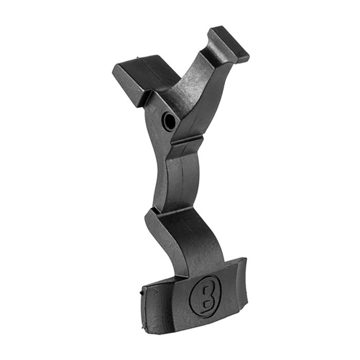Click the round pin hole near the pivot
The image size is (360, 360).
click(169, 120)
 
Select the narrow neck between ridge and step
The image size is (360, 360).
click(181, 173)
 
